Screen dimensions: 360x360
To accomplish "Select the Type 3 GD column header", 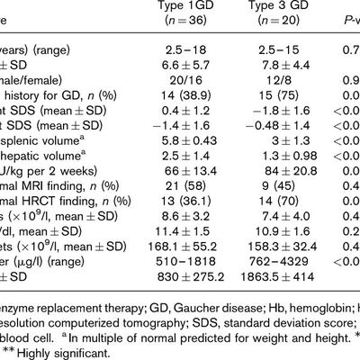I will (x=266, y=7).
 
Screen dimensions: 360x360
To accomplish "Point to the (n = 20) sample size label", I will (x=266, y=24).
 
